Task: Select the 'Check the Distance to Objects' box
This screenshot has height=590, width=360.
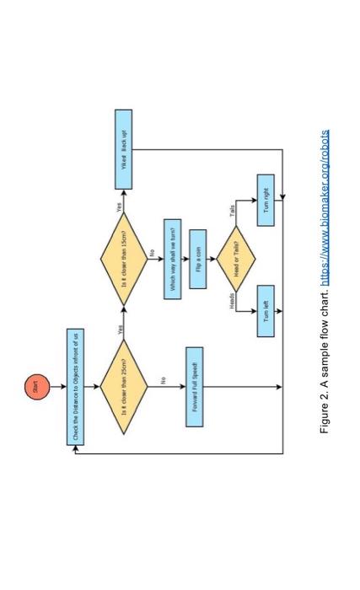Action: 75,387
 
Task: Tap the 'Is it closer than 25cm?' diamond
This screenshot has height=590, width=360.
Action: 123,387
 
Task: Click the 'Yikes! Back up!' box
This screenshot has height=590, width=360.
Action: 123,149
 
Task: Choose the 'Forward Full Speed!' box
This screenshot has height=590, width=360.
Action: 194,387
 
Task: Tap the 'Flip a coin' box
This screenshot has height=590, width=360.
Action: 198,256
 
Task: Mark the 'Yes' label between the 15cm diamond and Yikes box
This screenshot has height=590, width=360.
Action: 119,206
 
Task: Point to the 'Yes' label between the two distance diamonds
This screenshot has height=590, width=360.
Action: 119,330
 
